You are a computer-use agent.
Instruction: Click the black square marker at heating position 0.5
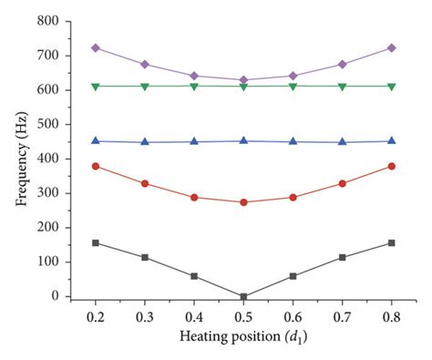(243, 296)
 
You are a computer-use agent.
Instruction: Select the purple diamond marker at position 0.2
(96, 47)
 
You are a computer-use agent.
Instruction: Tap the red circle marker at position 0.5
(243, 201)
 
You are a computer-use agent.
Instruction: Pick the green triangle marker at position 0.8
(391, 86)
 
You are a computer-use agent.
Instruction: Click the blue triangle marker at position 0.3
(145, 141)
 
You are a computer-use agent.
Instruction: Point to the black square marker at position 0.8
(391, 242)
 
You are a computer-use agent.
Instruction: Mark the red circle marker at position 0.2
(96, 166)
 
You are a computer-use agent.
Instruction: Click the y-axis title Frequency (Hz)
(19, 159)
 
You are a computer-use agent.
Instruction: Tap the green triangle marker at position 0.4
(194, 86)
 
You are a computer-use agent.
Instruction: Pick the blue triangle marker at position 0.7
(342, 141)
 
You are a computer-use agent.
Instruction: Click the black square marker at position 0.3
(145, 257)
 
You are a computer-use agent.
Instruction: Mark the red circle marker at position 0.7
(342, 183)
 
